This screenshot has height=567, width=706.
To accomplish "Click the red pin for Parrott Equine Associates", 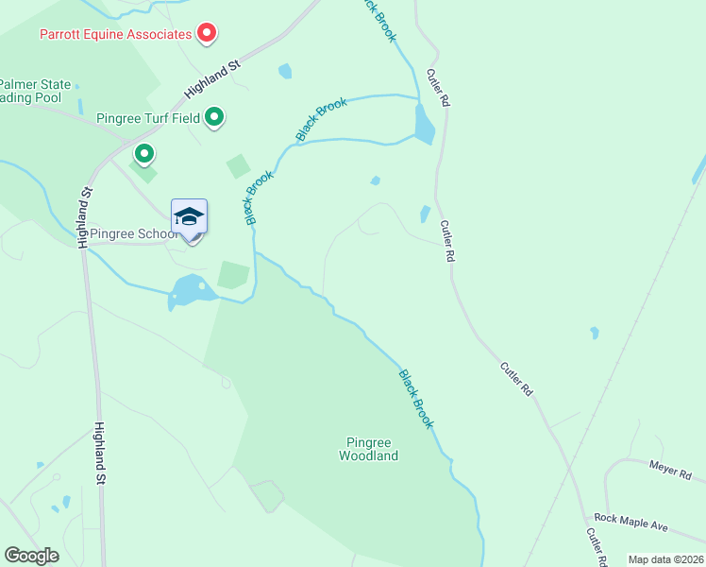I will pos(207,35).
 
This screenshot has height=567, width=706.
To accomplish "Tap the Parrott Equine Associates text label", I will pos(115,35).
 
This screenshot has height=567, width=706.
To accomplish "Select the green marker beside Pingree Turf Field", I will pos(214,118).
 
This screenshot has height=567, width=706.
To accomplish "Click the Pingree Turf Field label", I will pos(148,119).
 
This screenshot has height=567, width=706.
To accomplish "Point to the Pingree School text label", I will pos(132,234).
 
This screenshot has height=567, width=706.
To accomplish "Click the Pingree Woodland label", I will pos(368,449).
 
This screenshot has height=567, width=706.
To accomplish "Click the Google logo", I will pos(32,556).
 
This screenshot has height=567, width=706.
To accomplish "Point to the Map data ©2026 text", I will pos(665,559).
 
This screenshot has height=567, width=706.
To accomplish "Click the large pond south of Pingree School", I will pos(190,290).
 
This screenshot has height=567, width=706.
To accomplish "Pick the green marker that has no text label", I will pos(143,153).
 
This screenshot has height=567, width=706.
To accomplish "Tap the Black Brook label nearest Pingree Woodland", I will pos(415,399).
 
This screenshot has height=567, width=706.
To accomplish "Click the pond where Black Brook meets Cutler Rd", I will pos(424,123).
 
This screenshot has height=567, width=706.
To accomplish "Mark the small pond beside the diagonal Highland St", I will pos(285,71).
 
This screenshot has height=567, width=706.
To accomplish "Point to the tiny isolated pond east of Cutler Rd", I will pos(594,333).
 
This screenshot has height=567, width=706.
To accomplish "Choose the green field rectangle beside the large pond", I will pos(233,275).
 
